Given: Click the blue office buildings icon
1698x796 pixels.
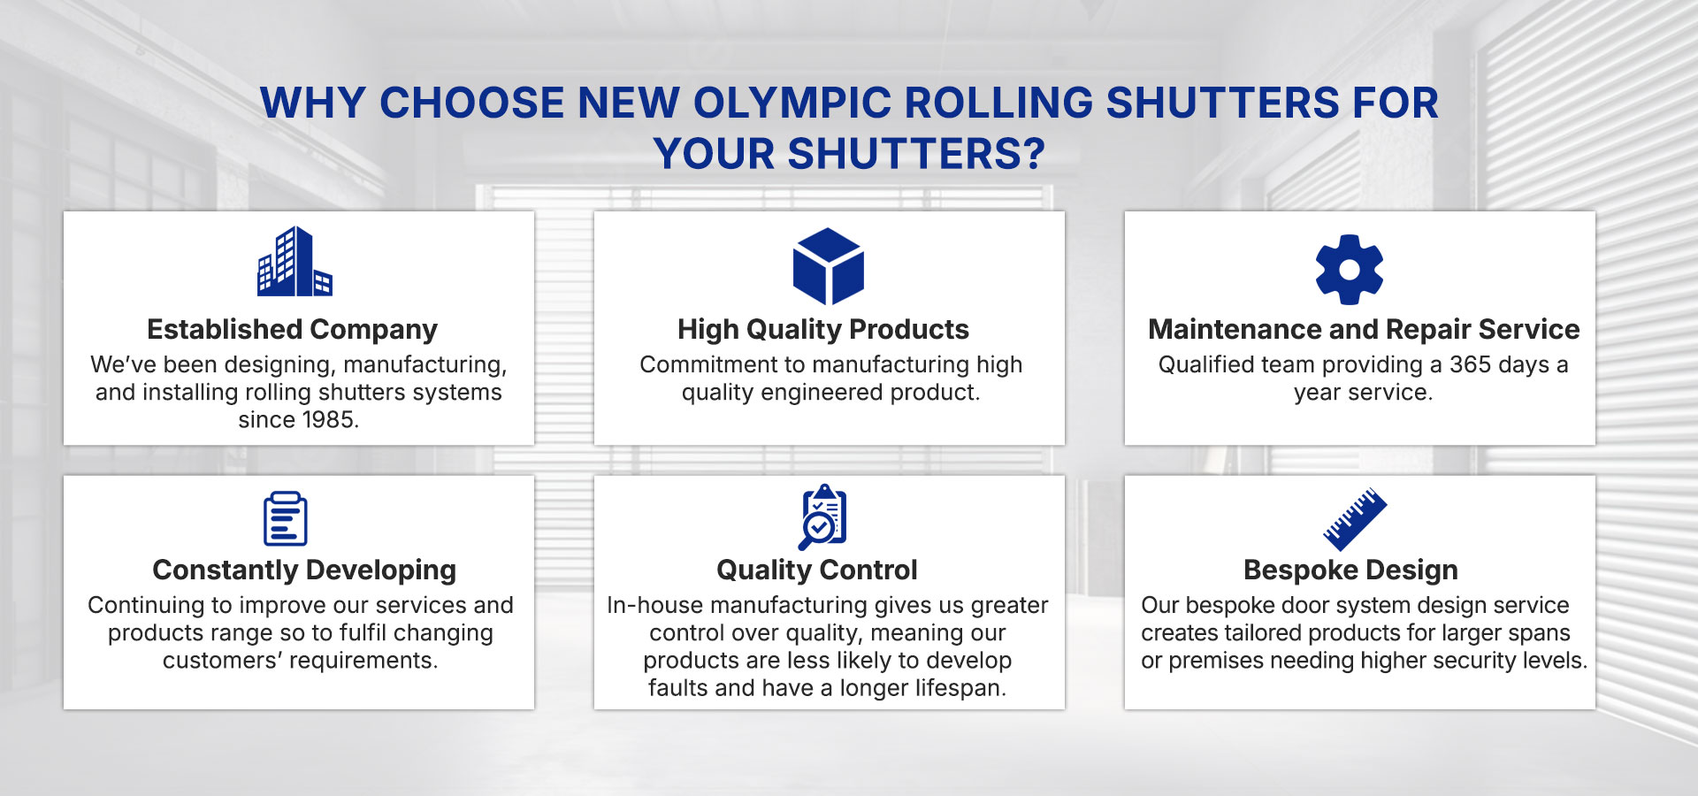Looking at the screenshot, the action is pyautogui.click(x=294, y=261).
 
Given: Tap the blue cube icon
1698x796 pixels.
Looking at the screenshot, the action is pyautogui.click(x=829, y=266).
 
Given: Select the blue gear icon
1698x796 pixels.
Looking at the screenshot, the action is pyautogui.click(x=1350, y=269).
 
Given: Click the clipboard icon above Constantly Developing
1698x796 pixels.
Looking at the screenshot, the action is pyautogui.click(x=286, y=519).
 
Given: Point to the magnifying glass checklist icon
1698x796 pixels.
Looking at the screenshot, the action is pyautogui.click(x=822, y=517).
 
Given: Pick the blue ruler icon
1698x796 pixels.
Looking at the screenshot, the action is pyautogui.click(x=1355, y=518).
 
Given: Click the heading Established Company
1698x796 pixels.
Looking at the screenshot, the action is pyautogui.click(x=292, y=330).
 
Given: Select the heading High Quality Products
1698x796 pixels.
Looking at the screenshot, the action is pyautogui.click(x=823, y=330).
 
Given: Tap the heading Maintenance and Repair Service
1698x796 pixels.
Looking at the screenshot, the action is pyautogui.click(x=1364, y=329).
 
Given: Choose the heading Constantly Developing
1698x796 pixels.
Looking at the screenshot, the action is pyautogui.click(x=304, y=570).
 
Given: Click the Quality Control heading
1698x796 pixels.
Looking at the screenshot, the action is pyautogui.click(x=817, y=570).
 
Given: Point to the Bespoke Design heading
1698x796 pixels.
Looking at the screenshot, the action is pyautogui.click(x=1350, y=570).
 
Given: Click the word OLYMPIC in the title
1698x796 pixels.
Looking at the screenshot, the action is pyautogui.click(x=792, y=103).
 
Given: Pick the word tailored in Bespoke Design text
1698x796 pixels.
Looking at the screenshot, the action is pyautogui.click(x=1252, y=633).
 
